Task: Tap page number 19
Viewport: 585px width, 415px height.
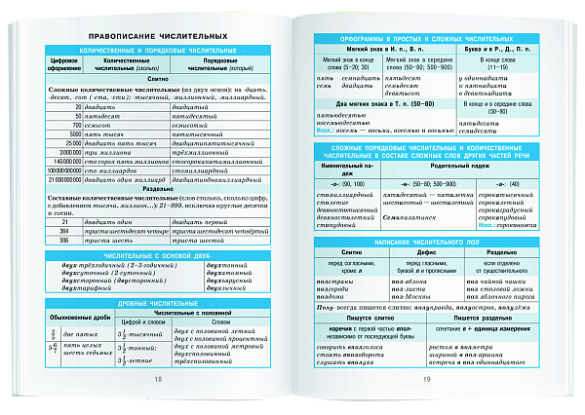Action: tap(424, 379)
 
